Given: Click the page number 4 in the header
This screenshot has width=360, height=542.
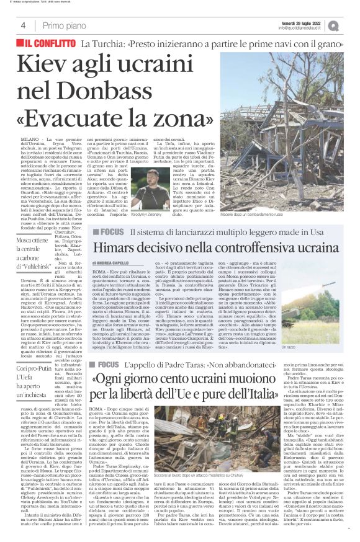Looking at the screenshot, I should click(x=23, y=25).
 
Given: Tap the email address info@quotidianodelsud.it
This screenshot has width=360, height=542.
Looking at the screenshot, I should click(x=310, y=29).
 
